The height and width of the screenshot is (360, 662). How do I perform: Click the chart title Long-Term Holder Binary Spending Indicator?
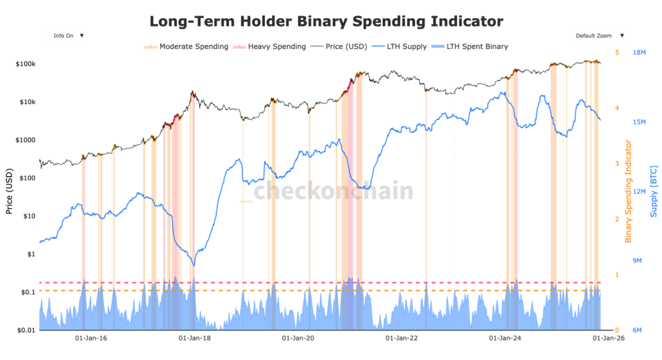pyautogui.click(x=326, y=21)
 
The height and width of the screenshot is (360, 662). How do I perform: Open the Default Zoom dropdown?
pyautogui.click(x=598, y=36)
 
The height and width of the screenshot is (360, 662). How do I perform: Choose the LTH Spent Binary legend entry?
pyautogui.click(x=477, y=47)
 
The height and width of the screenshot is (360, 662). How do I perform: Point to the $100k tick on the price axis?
pyautogui.click(x=25, y=64)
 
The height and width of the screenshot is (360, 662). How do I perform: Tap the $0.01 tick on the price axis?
pyautogui.click(x=26, y=330)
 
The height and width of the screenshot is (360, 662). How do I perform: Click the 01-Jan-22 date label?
pyautogui.click(x=402, y=338)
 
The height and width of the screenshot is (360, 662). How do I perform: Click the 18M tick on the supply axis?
pyautogui.click(x=640, y=52)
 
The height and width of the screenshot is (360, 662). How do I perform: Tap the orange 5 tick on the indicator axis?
pyautogui.click(x=617, y=52)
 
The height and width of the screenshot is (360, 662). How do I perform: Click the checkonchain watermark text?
pyautogui.click(x=332, y=191)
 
